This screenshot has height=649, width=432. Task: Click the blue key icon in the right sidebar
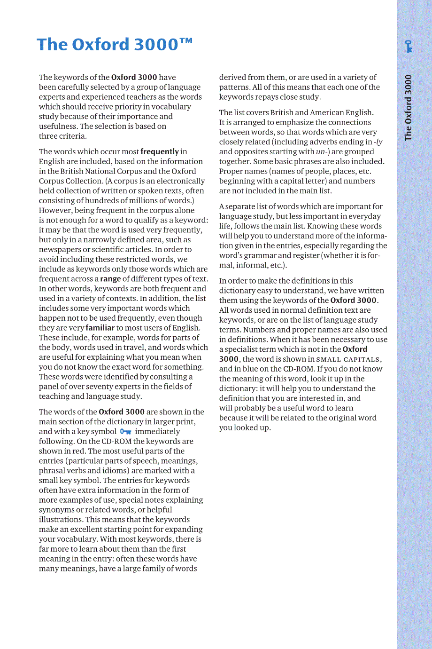(409, 46)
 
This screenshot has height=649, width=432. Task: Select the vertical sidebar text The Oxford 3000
(408, 108)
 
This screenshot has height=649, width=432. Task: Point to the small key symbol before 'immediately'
(125, 431)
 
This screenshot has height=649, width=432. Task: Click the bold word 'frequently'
(160, 151)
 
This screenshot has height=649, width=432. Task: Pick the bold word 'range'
(110, 278)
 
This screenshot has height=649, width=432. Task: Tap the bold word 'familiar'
(100, 328)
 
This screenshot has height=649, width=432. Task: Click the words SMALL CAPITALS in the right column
(348, 359)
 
